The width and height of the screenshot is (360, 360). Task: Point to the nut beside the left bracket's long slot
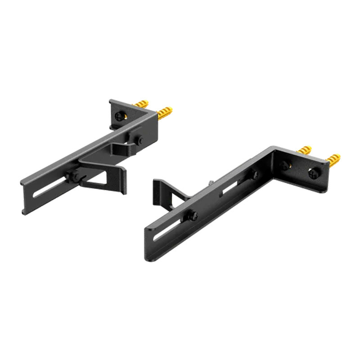click(x=73, y=175)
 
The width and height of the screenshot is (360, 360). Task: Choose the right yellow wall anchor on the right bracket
click(x=333, y=159)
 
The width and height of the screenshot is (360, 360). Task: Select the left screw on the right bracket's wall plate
click(x=284, y=165)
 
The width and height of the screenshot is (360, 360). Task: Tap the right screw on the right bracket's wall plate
click(x=313, y=172)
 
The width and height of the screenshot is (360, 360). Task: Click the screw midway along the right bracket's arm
click(x=256, y=175)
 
